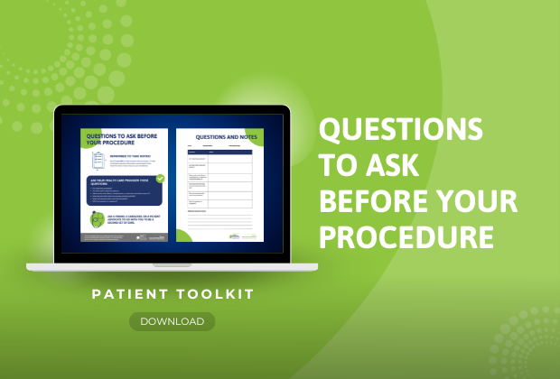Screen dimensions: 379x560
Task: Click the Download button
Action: point(172,321)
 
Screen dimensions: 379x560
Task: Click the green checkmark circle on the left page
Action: point(160,179)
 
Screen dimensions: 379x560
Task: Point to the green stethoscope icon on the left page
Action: point(97,220)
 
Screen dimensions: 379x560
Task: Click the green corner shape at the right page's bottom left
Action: point(183,236)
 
